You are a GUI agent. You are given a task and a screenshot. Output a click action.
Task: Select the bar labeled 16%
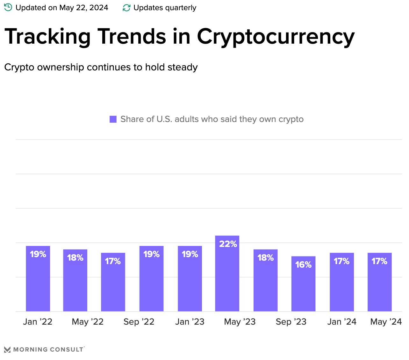pyautogui.click(x=303, y=284)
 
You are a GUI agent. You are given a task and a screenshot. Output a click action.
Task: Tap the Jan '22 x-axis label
pyautogui.click(x=38, y=322)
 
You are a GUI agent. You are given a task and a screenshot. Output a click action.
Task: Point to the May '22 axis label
pyautogui.click(x=88, y=322)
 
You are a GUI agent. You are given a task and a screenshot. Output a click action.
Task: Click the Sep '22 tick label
pyautogui.click(x=139, y=322)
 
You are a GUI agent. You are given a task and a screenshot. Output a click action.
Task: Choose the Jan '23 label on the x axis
pyautogui.click(x=190, y=322)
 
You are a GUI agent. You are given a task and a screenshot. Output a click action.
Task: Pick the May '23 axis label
pyautogui.click(x=240, y=322)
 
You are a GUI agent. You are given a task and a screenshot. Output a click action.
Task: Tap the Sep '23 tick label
pyautogui.click(x=291, y=322)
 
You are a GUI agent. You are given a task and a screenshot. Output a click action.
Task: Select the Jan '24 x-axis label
pyautogui.click(x=342, y=322)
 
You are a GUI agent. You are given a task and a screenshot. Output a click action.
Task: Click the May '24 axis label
pyautogui.click(x=386, y=322)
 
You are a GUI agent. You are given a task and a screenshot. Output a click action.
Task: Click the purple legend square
pyautogui.click(x=113, y=119)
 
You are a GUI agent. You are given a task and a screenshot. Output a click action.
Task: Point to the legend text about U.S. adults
pyautogui.click(x=212, y=119)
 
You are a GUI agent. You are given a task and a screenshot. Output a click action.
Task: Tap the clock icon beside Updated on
pyautogui.click(x=8, y=7)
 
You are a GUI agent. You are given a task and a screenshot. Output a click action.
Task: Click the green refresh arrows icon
pyautogui.click(x=126, y=8)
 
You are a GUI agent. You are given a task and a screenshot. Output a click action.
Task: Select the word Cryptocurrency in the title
pyautogui.click(x=276, y=37)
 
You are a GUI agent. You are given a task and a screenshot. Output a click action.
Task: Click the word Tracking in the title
pyautogui.click(x=48, y=36)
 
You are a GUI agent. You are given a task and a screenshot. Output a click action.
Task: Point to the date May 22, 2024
pyautogui.click(x=84, y=8)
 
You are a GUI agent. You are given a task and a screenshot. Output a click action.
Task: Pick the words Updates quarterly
pyautogui.click(x=165, y=8)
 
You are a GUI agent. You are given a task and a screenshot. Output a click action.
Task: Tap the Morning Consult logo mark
pyautogui.click(x=7, y=349)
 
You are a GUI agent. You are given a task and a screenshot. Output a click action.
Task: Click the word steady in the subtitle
pyautogui.click(x=184, y=67)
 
